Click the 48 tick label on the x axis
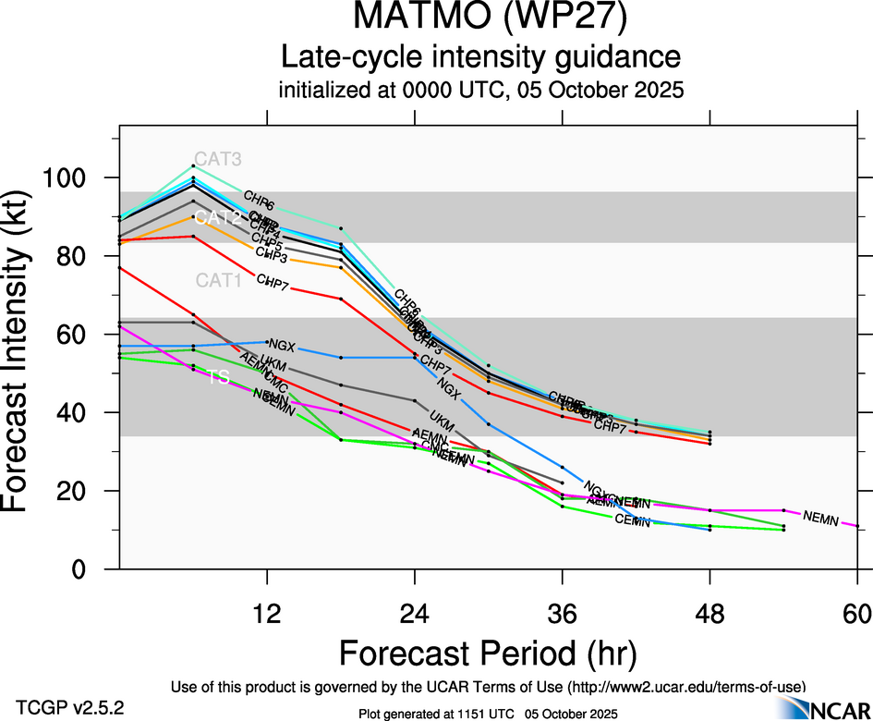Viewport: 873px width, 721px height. click(709, 614)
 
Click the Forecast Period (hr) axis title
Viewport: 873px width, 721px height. click(488, 654)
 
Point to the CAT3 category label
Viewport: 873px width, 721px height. click(217, 159)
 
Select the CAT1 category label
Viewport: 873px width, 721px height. click(217, 280)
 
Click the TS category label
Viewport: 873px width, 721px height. click(218, 377)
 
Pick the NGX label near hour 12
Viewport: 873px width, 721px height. click(281, 347)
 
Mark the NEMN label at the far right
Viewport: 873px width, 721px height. click(820, 519)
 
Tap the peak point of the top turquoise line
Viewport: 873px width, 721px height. click(193, 165)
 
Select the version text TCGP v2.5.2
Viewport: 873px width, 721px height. click(69, 707)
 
